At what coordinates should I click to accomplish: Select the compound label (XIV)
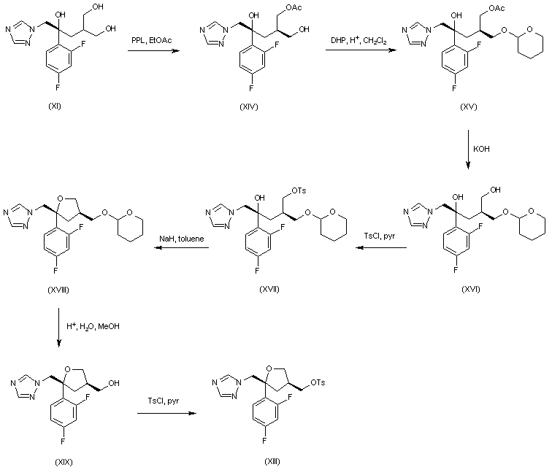249,107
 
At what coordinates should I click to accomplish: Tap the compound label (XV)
468,107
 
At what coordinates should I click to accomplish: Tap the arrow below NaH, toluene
181,248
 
